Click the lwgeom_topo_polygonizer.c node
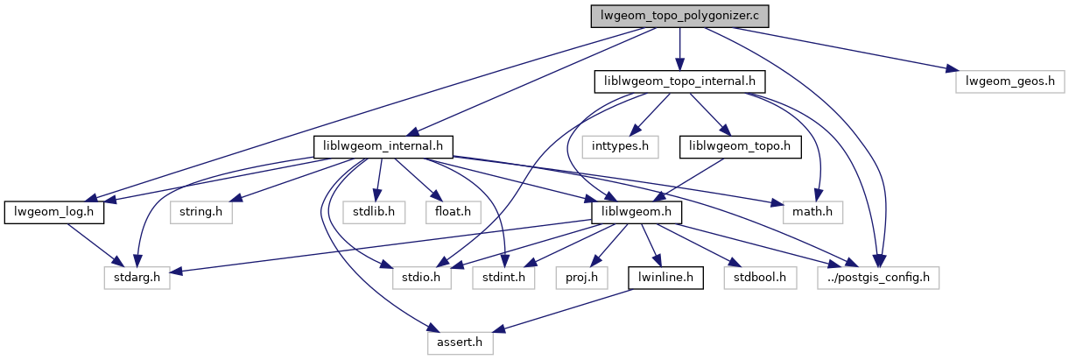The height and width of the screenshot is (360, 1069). (x=679, y=16)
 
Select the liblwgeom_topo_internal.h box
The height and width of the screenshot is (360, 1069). (x=680, y=81)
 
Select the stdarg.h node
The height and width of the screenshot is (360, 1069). (x=134, y=278)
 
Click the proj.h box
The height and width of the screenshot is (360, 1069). (x=576, y=278)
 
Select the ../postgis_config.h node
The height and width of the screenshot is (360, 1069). (x=879, y=278)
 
